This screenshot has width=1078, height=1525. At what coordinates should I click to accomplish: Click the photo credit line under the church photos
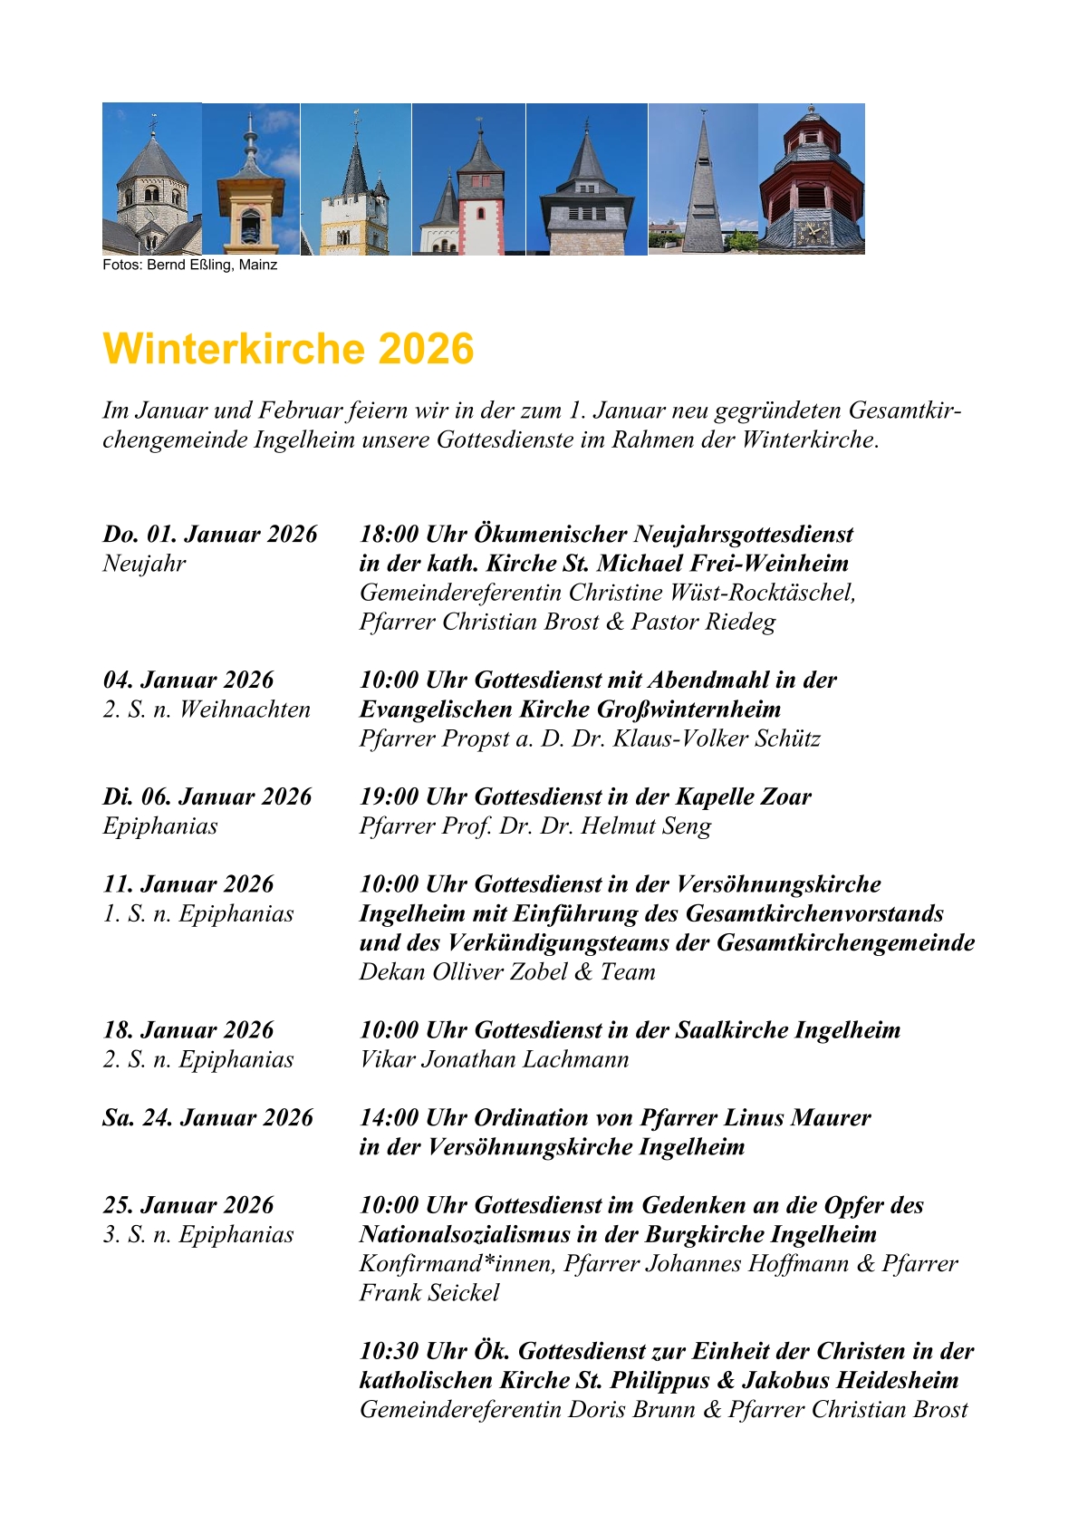click(x=189, y=265)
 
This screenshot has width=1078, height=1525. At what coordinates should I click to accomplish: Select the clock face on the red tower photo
click(x=812, y=231)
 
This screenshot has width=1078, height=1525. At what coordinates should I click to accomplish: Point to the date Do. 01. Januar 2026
click(x=210, y=535)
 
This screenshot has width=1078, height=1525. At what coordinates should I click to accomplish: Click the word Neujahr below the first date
click(x=144, y=564)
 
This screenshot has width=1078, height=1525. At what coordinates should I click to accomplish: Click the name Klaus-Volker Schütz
click(x=717, y=738)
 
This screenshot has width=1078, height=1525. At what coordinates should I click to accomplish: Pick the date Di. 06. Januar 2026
click(x=207, y=797)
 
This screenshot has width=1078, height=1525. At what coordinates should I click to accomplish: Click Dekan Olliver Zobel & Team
click(x=507, y=972)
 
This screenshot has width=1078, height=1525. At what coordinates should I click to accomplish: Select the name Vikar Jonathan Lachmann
click(x=494, y=1059)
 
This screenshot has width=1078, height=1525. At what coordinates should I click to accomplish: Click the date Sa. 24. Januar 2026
click(x=207, y=1118)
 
